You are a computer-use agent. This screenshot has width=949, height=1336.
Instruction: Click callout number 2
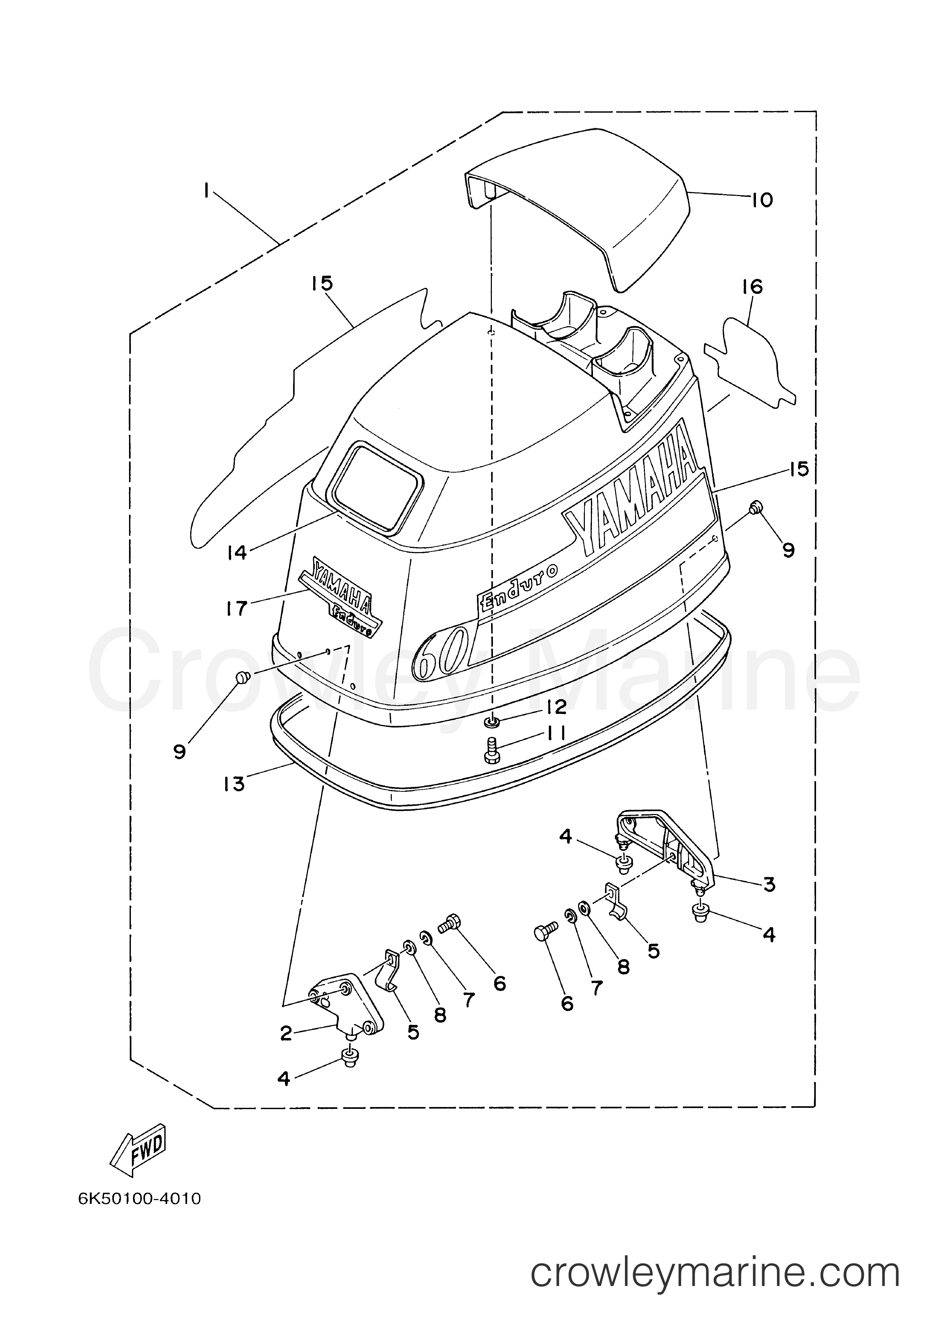(x=286, y=1034)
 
